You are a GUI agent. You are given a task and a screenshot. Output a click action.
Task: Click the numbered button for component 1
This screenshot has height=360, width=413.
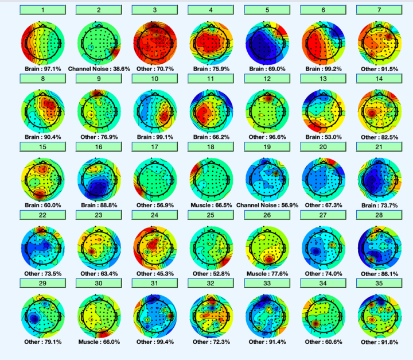[42, 10]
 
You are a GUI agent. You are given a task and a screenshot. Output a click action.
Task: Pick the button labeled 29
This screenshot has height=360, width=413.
[42, 283]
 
